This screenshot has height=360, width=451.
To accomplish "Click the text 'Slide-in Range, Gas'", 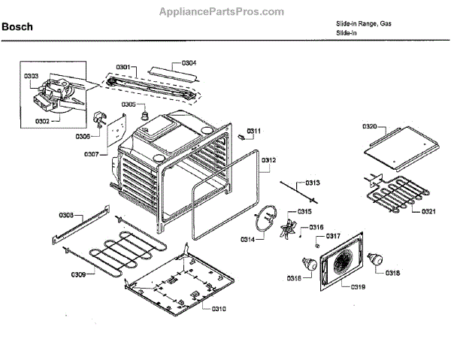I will pyautogui.click(x=364, y=25).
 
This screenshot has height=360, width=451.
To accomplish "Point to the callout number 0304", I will pyautogui.click(x=189, y=63).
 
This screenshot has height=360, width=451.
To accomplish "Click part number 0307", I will pyautogui.click(x=90, y=153).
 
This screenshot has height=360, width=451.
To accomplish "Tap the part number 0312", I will pyautogui.click(x=268, y=160).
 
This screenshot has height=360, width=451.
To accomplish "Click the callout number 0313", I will pyautogui.click(x=312, y=183).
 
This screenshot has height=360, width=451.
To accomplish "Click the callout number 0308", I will pyautogui.click(x=67, y=216).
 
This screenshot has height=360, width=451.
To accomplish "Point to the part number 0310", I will pyautogui.click(x=218, y=309).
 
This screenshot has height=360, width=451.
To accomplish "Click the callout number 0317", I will pyautogui.click(x=333, y=236).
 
